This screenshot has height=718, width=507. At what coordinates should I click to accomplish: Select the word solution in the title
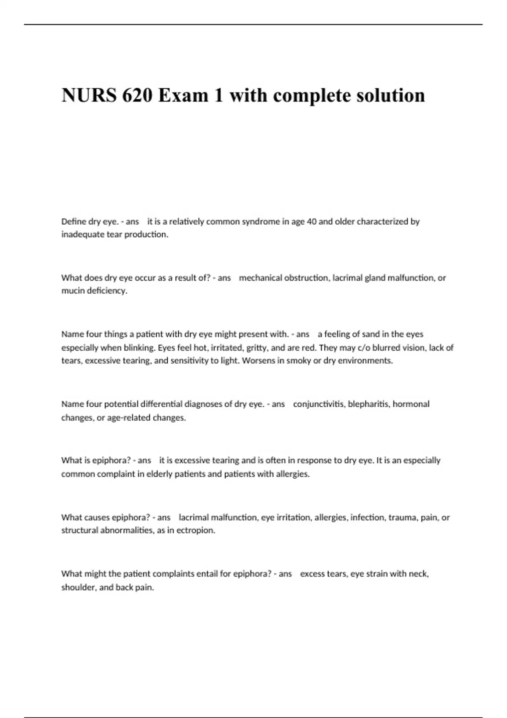click(x=390, y=95)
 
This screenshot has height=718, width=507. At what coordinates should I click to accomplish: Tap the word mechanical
click(x=260, y=278)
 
